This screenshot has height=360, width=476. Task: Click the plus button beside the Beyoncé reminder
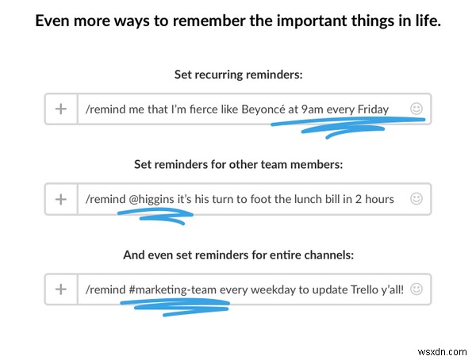pos(61,109)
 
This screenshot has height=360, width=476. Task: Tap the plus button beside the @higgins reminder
pos(61,199)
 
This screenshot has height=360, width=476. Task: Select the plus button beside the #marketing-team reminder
pos(61,289)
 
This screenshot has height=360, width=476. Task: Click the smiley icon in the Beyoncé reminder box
pos(416,109)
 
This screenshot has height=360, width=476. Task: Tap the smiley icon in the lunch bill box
pos(416,199)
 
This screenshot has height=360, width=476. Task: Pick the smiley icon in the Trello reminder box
pos(416,289)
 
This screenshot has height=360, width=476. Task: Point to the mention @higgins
pos(155,199)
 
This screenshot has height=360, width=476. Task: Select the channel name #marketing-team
pos(172,289)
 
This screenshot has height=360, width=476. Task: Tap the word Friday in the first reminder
pos(371,109)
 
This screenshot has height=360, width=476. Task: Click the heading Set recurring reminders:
pos(237,75)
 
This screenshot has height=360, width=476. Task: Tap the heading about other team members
pos(237,165)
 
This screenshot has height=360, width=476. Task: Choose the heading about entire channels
pos(237,255)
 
